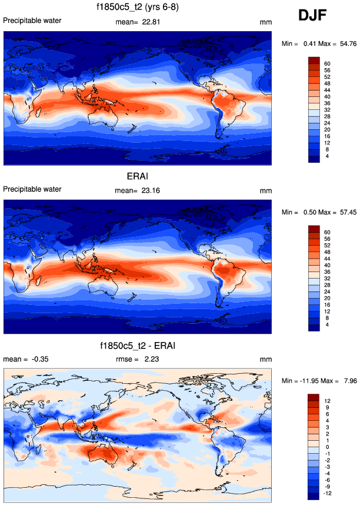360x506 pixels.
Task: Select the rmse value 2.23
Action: coord(153,359)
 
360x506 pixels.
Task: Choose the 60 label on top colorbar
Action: coord(328,63)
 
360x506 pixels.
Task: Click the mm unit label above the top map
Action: coord(265,22)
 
